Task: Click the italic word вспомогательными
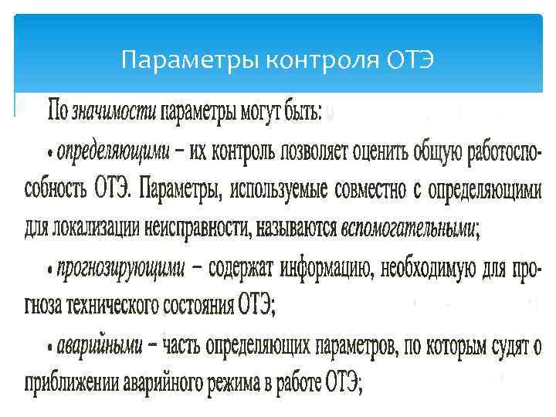[x=409, y=228]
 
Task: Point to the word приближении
[x=68, y=384]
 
